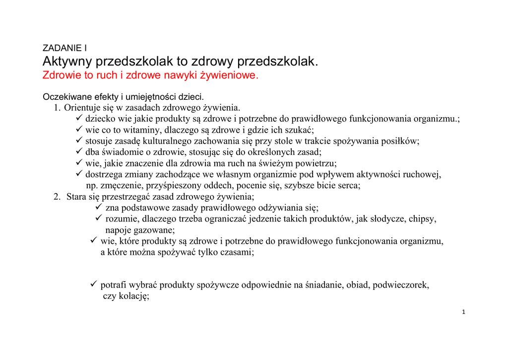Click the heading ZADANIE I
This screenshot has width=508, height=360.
click(64, 49)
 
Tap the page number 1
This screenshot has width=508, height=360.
click(463, 312)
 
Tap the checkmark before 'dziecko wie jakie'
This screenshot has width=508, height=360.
click(79, 119)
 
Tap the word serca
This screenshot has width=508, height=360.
click(349, 186)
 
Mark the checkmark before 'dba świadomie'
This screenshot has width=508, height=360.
click(79, 151)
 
